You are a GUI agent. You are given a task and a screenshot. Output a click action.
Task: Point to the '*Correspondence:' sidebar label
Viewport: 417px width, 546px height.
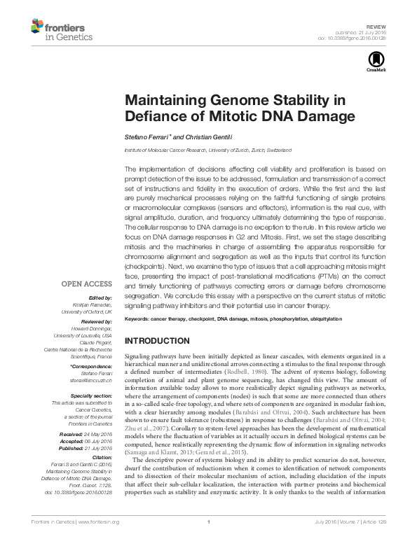click(91, 366)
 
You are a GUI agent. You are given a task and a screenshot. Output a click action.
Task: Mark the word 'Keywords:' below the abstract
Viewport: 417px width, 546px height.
click(138, 319)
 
